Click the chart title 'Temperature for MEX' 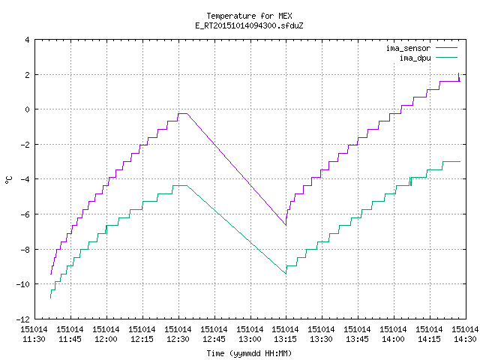(249, 16)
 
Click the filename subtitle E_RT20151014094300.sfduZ (249, 25)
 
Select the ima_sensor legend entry (421, 48)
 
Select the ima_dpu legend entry (428, 58)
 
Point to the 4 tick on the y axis (28, 40)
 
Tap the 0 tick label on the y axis (28, 109)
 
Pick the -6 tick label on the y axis (25, 214)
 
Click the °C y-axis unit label (9, 180)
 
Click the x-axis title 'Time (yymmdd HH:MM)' (249, 353)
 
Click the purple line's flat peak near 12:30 (182, 113)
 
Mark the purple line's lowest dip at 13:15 (286, 225)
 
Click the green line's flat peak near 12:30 (180, 185)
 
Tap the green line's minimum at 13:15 (286, 273)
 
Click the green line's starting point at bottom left (50, 298)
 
